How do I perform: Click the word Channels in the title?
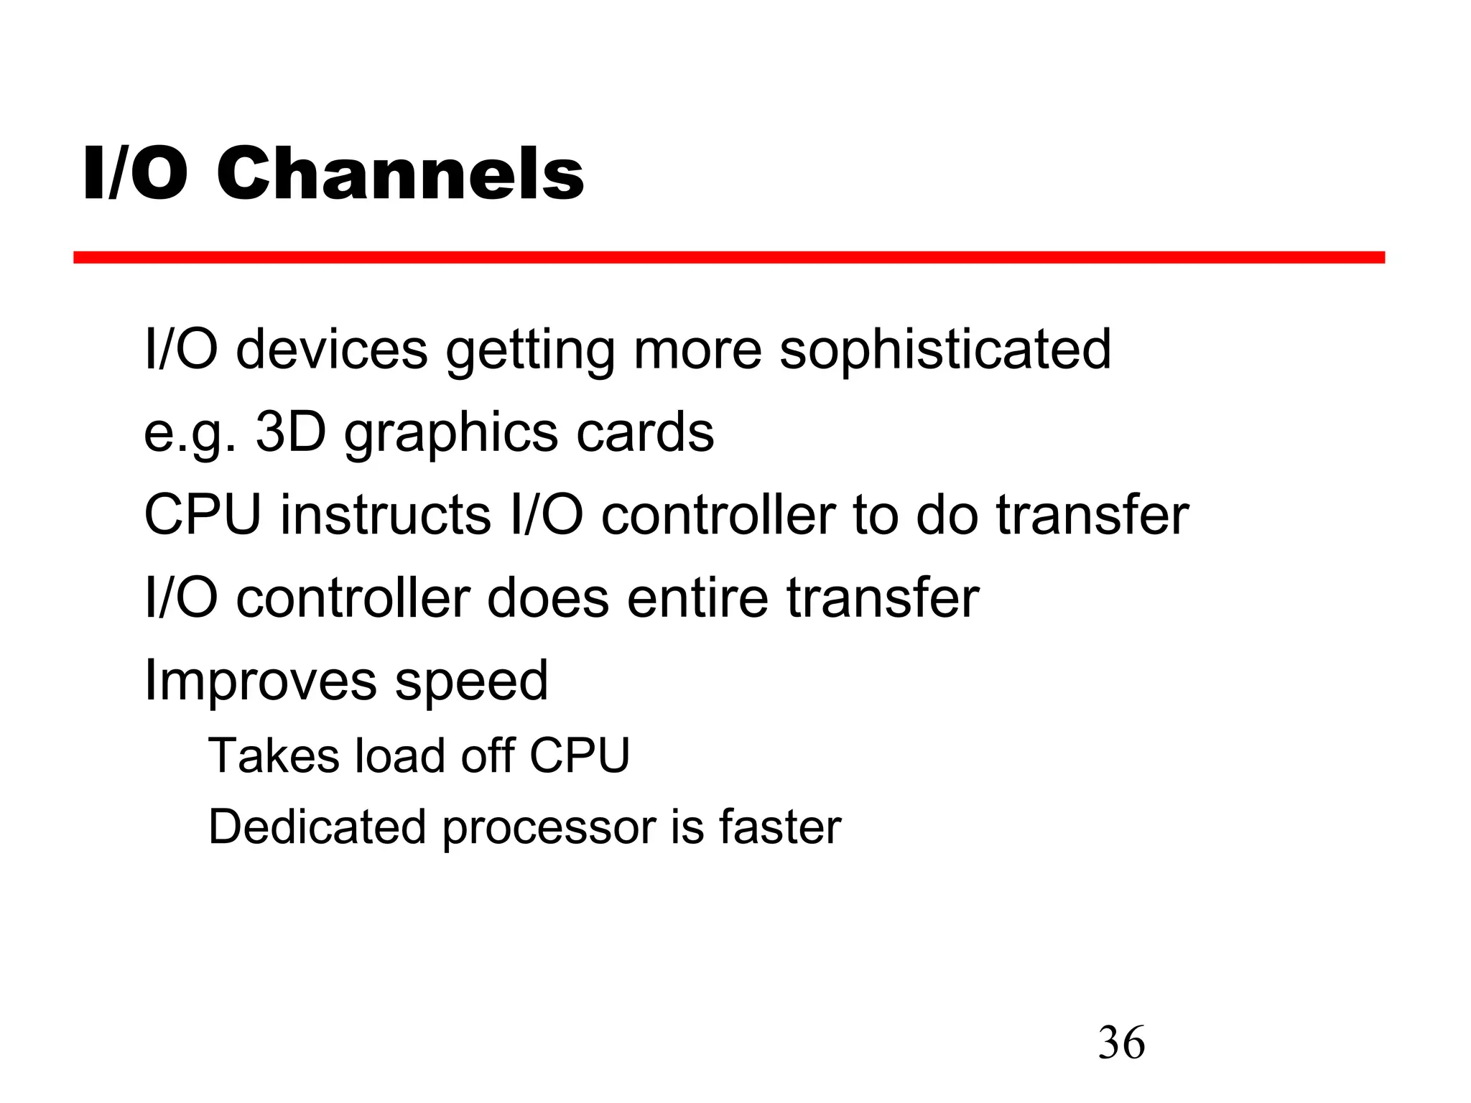click(400, 174)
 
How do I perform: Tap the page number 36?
click(1121, 1043)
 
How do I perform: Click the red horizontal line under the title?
click(728, 257)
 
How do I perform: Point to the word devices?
click(332, 350)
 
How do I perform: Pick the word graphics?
click(450, 434)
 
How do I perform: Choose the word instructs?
click(385, 515)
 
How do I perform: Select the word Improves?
click(260, 681)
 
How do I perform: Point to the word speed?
click(471, 681)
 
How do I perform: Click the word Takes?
click(273, 755)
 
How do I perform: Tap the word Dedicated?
click(317, 827)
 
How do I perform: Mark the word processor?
click(549, 828)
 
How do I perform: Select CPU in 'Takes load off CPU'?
click(579, 755)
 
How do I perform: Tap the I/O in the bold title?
click(135, 174)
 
